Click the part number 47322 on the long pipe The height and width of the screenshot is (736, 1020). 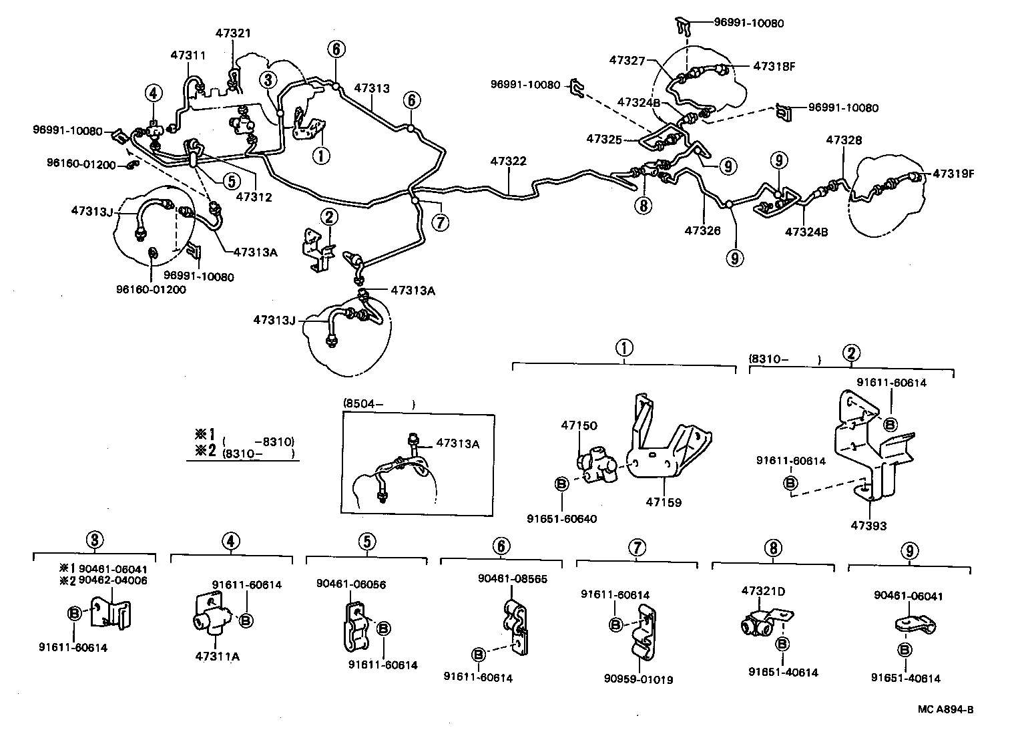click(x=508, y=161)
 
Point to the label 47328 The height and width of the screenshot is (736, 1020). click(x=844, y=140)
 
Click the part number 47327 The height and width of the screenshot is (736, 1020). click(x=627, y=60)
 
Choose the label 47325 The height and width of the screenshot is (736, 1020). click(x=604, y=139)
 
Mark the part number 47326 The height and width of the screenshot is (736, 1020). click(x=702, y=230)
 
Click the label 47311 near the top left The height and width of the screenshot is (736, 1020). click(x=188, y=55)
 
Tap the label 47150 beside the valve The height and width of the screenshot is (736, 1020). click(x=579, y=425)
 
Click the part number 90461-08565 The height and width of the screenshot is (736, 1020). click(x=512, y=579)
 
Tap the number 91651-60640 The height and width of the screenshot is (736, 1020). click(x=561, y=519)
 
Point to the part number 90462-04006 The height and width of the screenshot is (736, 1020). click(x=113, y=580)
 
